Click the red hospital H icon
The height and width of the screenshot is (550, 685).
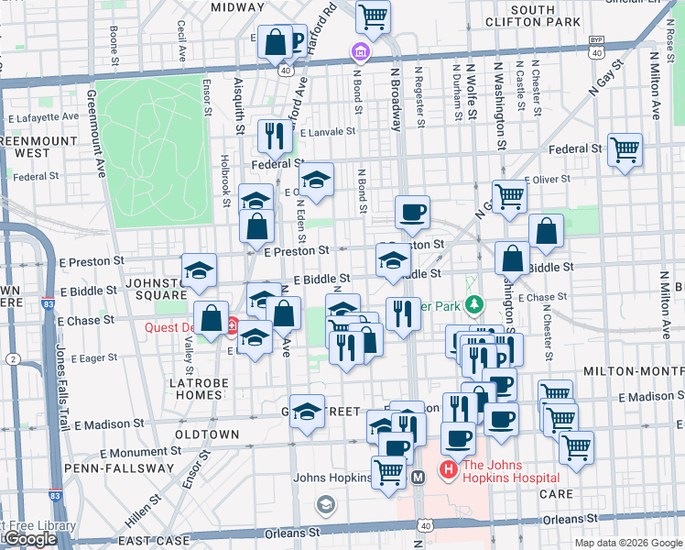(x=449, y=470)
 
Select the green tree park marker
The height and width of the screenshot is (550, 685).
(x=473, y=303)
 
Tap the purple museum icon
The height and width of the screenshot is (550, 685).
(x=361, y=54)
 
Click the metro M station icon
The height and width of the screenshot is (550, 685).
(x=418, y=477)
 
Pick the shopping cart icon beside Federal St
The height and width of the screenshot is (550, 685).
(x=625, y=148)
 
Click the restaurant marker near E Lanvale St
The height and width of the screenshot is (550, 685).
(x=274, y=136)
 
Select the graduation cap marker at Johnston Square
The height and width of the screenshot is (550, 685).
(x=199, y=269)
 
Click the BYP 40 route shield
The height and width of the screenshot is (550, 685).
(x=596, y=47)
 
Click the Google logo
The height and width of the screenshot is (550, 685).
(x=30, y=540)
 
